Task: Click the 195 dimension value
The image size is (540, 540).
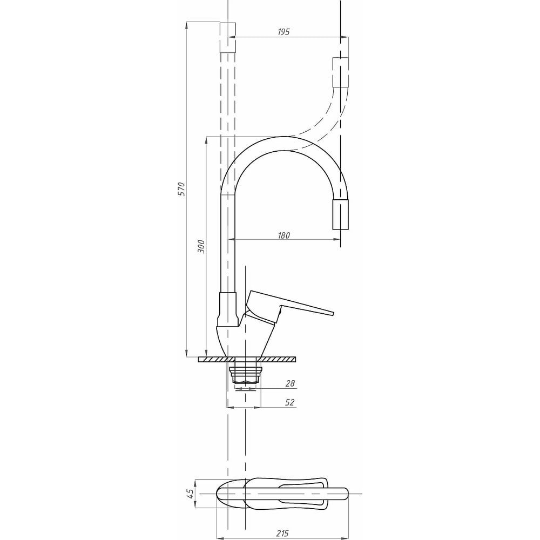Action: point(284,32)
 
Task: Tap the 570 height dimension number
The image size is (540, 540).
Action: point(181,189)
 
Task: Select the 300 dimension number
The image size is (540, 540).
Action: point(201,247)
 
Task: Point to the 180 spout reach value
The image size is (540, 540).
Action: point(284,235)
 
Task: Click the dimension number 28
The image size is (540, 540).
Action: point(290,383)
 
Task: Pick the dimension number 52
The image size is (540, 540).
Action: point(290,402)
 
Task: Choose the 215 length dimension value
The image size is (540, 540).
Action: point(282,533)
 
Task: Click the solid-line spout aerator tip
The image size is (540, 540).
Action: point(340,214)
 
